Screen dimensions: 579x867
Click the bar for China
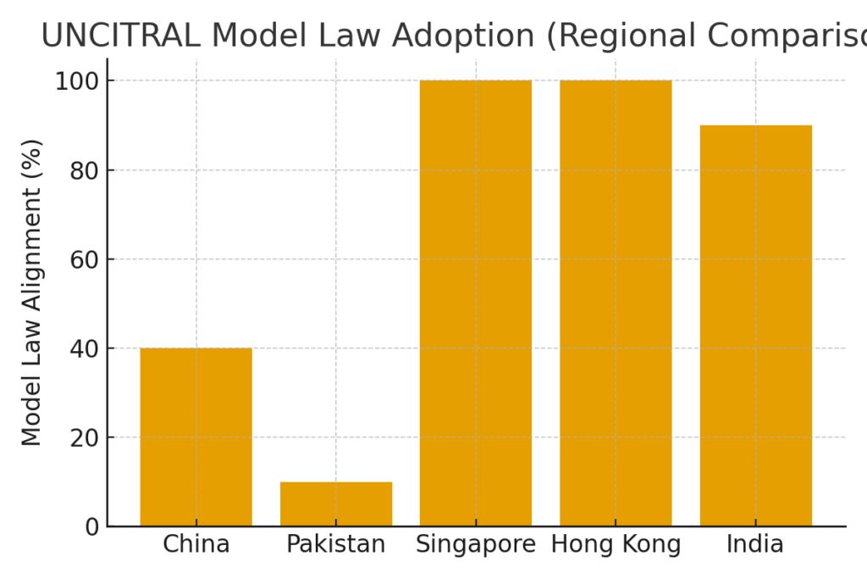point(196,437)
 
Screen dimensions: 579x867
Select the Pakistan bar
point(336,504)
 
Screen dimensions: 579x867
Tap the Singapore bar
point(476,303)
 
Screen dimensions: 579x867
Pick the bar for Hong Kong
point(616,303)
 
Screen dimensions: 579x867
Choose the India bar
point(756,326)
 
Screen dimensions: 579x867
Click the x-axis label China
point(196,544)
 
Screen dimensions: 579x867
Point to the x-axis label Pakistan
point(336,544)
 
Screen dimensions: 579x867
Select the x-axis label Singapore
point(476,544)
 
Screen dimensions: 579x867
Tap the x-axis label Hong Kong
point(616,544)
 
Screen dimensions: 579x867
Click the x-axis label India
point(756,544)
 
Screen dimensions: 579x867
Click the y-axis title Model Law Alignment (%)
point(32,292)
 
